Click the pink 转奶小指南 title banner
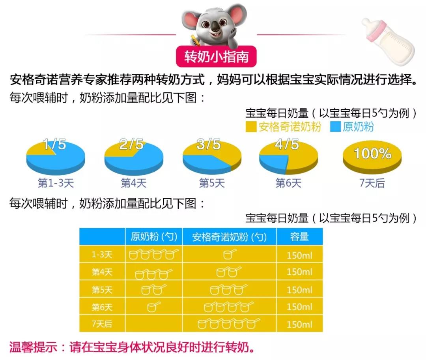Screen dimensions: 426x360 (216, 56)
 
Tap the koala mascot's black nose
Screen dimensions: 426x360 (215, 27)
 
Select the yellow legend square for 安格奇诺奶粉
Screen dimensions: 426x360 (251, 127)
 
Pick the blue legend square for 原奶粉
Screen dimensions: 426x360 (335, 127)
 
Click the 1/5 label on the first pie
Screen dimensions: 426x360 (54, 144)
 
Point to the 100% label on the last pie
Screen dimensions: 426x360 (372, 153)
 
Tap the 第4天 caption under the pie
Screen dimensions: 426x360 (134, 183)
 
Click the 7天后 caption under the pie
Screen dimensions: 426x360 (372, 183)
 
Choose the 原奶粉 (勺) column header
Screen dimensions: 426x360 (154, 236)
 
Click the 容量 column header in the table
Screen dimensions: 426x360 (299, 236)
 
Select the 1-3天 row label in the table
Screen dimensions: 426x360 (102, 255)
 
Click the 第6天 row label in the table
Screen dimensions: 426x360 (102, 307)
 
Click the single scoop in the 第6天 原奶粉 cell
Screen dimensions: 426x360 (153, 307)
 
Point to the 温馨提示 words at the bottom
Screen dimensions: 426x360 (33, 347)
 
